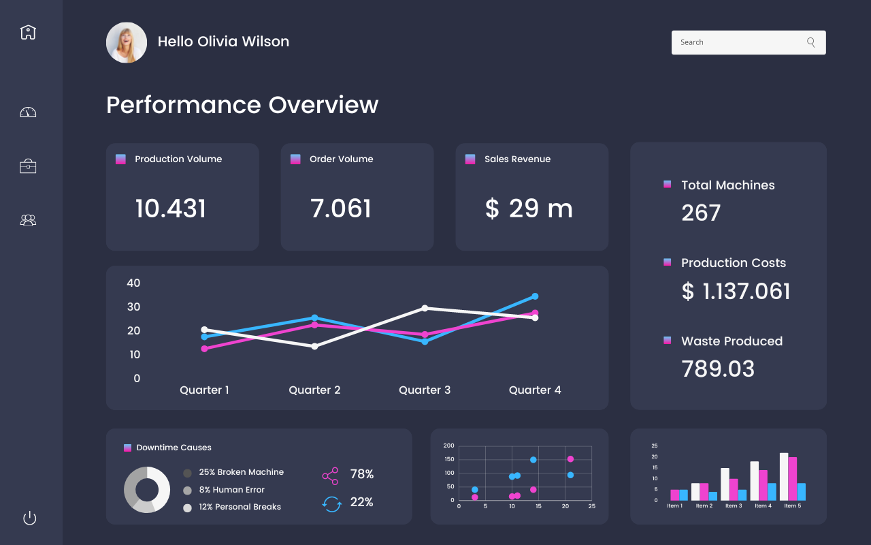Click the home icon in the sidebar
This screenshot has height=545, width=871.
coord(28,32)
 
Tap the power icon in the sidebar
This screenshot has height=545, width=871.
coord(29,518)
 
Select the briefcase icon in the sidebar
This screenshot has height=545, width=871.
coord(28,166)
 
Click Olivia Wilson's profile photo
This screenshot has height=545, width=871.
coord(127,42)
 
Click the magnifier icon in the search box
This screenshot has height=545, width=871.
coord(810,42)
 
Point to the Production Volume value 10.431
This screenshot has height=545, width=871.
coord(170,208)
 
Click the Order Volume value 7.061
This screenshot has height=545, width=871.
coord(341,208)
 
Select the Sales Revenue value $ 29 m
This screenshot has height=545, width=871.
coord(529,208)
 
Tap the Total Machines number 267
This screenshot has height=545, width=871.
coord(701,213)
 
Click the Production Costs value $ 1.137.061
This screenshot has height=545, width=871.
coord(736,292)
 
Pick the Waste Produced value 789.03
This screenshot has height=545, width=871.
coord(718,369)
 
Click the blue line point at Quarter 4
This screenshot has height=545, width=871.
coord(535,296)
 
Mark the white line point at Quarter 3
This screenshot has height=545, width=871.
coord(425,308)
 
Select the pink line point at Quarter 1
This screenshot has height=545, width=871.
coord(204,349)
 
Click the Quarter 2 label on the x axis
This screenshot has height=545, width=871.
coord(314,390)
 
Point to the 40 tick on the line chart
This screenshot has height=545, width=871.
coord(133,283)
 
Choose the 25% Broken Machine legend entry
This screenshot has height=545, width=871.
coord(241,472)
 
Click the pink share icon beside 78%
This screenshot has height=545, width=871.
coord(330,476)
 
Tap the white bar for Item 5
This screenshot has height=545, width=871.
coord(784,476)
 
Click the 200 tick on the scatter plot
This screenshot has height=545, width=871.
coord(448,446)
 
